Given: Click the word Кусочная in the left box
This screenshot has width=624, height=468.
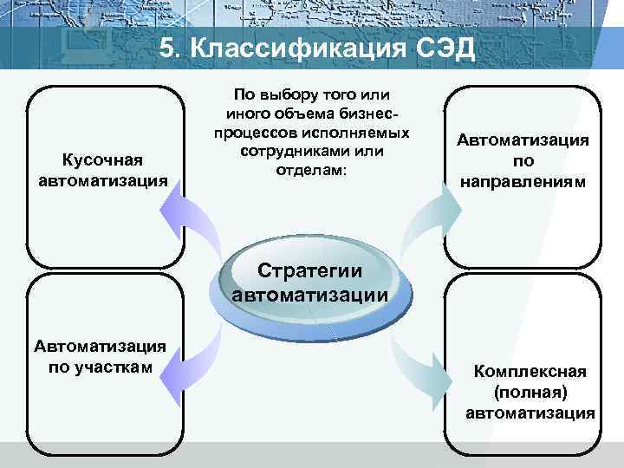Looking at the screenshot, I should point(103,159).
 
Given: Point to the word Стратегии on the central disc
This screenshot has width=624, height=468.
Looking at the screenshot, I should point(310,271).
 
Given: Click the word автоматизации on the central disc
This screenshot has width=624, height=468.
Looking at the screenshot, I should point(310,294).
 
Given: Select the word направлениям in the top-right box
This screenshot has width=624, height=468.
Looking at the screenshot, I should point(523,183).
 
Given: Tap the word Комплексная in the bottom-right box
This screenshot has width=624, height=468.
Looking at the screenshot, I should point(530,372).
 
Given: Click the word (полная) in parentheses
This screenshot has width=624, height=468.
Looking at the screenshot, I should point(530,393).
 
